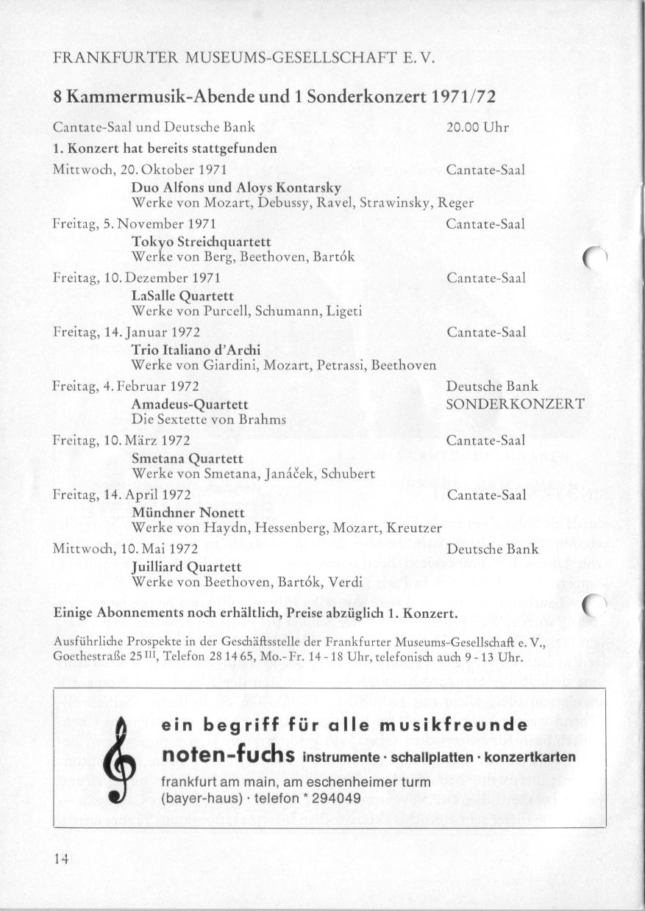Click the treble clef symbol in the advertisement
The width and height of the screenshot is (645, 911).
tap(118, 761)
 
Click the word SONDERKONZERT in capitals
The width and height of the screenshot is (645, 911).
tap(516, 404)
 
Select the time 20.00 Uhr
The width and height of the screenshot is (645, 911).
tap(477, 127)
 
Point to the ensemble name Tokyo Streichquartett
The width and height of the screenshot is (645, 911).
tap(201, 242)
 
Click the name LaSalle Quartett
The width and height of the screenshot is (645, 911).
tap(182, 296)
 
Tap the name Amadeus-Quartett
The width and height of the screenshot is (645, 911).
tap(189, 404)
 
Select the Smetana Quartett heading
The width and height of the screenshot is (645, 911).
tap(187, 458)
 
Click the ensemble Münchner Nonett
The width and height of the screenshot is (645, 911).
tap(183, 513)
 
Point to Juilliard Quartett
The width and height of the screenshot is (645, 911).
tap(186, 567)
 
